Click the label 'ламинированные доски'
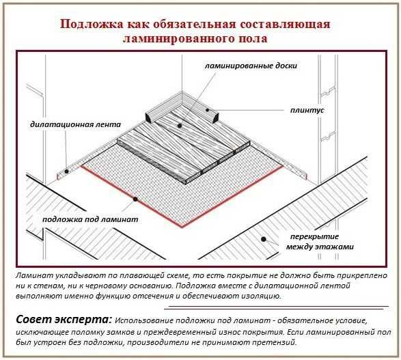[251, 66]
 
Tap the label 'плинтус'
[307, 110]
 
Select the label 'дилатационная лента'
[75, 124]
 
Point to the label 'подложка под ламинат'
[90, 219]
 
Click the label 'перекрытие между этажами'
[320, 242]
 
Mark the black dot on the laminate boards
[180, 126]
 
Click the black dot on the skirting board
[208, 110]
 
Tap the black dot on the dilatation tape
[66, 171]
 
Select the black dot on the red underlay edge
[135, 199]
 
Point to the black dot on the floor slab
[264, 239]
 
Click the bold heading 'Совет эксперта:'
[64, 320]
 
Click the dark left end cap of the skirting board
[148, 118]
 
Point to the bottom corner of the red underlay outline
[182, 227]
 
